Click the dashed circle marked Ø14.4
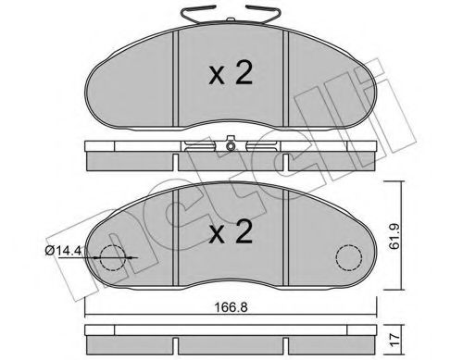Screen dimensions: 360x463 (110, 259)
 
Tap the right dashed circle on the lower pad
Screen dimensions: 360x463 (350, 257)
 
